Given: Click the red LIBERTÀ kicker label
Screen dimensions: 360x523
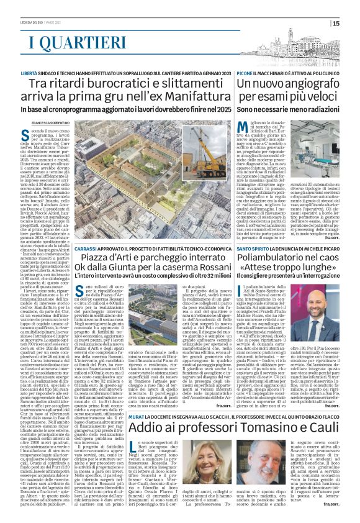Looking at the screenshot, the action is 30,73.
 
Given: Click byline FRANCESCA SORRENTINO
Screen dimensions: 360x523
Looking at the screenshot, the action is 52,122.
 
